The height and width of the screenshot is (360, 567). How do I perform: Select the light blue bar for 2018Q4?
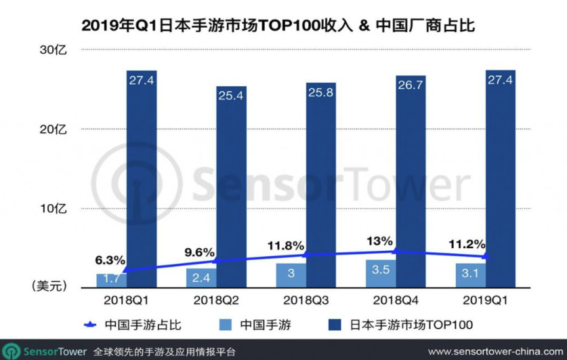[381, 273]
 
